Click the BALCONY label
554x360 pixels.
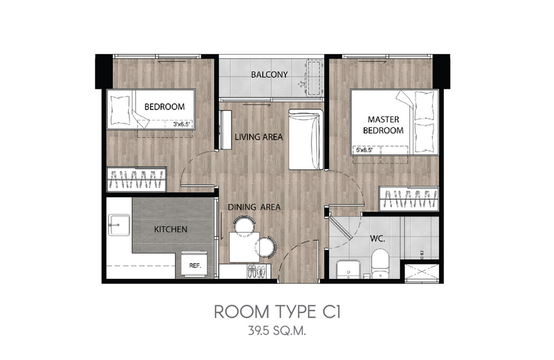pos(269,75)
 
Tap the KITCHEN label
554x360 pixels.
pos(170,229)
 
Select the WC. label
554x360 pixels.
pos(377,239)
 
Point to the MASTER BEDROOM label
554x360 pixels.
pos(384,125)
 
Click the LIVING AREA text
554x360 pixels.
pos(259,136)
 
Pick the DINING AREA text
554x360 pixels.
pos(254,207)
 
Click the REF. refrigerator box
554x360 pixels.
pos(195,264)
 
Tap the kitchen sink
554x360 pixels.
pos(118,224)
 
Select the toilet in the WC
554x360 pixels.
pos(379,264)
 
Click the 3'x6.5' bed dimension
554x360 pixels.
pos(182,125)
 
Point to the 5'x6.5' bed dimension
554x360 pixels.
pos(364,150)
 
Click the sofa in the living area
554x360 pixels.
pos(306,140)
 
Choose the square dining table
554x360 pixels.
pos(244,247)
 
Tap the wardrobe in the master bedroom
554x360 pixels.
pos(409,199)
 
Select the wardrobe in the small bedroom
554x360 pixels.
pos(136,179)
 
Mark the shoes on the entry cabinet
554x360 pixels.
pos(256,271)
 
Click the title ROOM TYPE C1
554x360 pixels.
pos(278,312)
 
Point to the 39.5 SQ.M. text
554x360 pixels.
pos(277,332)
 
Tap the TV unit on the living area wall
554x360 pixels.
pos(226,129)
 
